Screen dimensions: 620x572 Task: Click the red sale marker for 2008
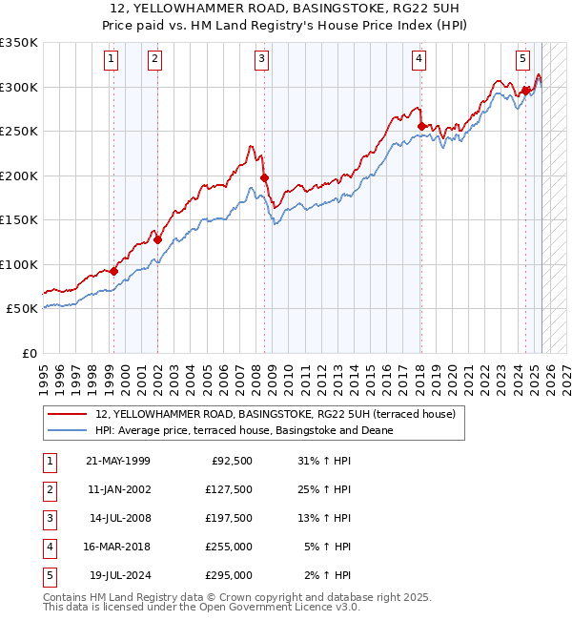click(x=264, y=177)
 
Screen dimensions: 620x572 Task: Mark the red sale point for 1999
click(x=113, y=271)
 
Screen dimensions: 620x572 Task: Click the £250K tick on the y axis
click(x=19, y=132)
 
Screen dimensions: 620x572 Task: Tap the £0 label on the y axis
click(x=29, y=353)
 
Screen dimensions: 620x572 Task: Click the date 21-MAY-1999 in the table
click(x=118, y=461)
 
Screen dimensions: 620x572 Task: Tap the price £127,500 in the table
click(x=229, y=489)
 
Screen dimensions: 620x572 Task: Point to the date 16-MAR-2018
click(x=118, y=547)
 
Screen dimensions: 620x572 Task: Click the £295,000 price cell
click(x=229, y=575)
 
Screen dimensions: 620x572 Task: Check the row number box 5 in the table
click(x=50, y=575)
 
